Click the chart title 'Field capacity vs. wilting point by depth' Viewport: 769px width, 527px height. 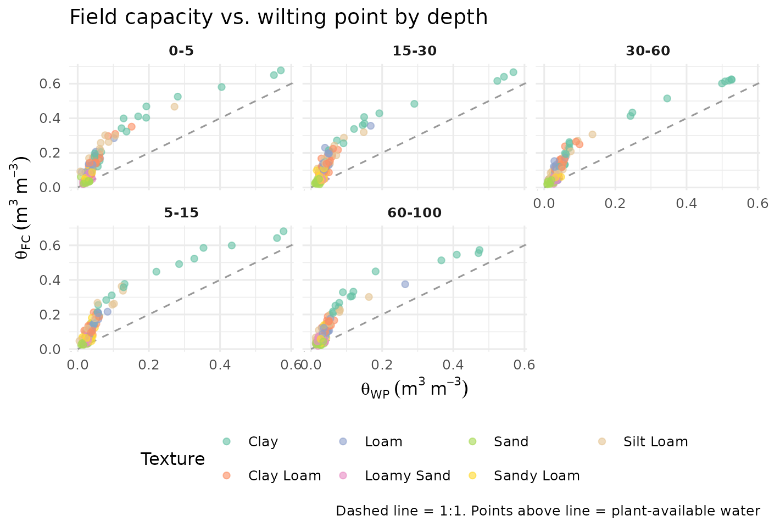278,18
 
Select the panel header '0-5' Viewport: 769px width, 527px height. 181,52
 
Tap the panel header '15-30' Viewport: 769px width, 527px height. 415,52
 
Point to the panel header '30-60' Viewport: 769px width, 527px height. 648,52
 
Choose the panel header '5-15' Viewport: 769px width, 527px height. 181,213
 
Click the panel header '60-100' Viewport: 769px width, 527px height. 415,213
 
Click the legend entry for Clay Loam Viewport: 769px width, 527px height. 285,476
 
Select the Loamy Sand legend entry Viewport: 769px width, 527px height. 407,476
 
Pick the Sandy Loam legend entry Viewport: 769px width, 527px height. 536,476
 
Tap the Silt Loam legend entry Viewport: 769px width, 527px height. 655,442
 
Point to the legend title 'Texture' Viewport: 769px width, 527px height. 172,459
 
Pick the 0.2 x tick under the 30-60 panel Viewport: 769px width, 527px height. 615,204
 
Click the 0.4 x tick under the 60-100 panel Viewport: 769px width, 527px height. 453,365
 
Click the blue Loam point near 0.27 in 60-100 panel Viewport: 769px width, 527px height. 405,284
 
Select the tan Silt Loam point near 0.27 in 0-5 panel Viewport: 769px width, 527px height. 175,106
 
